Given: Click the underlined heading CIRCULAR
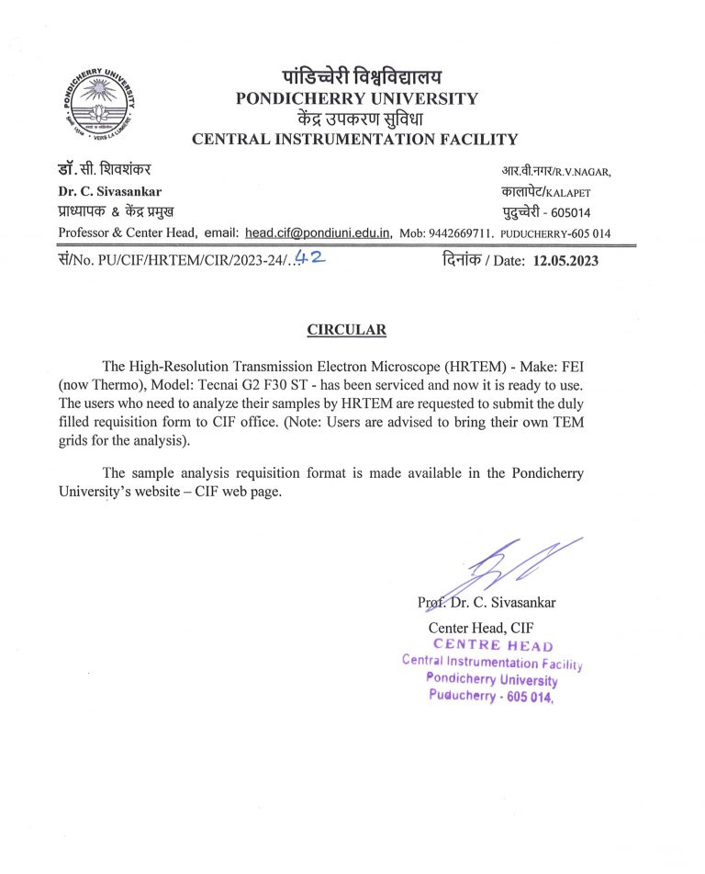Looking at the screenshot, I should point(346,330).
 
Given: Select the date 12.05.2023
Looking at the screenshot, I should point(565,261).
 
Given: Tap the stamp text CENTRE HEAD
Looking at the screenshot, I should point(493,645).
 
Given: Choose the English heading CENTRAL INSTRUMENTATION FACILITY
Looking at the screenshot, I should point(354,140).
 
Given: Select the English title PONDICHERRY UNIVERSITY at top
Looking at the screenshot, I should point(356,98).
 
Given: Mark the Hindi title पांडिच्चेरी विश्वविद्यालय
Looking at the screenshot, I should point(356,76).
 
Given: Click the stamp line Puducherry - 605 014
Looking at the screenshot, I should point(491,695).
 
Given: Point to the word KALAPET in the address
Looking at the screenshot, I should point(569,193).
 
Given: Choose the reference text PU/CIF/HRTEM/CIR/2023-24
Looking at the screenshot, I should point(189,261).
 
